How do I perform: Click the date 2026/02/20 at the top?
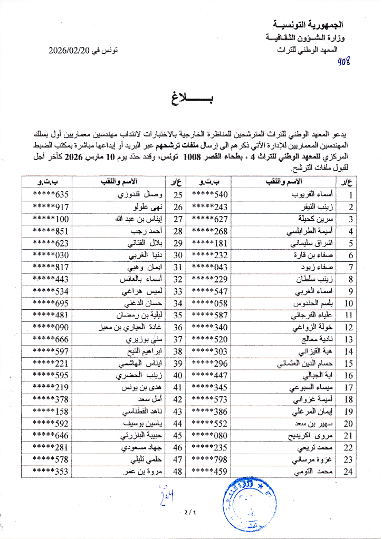[x=71, y=51]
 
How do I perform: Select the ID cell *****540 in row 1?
[x=209, y=195]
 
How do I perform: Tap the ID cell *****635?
[x=51, y=195]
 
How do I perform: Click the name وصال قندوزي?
[x=131, y=195]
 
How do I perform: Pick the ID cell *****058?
[x=209, y=303]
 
